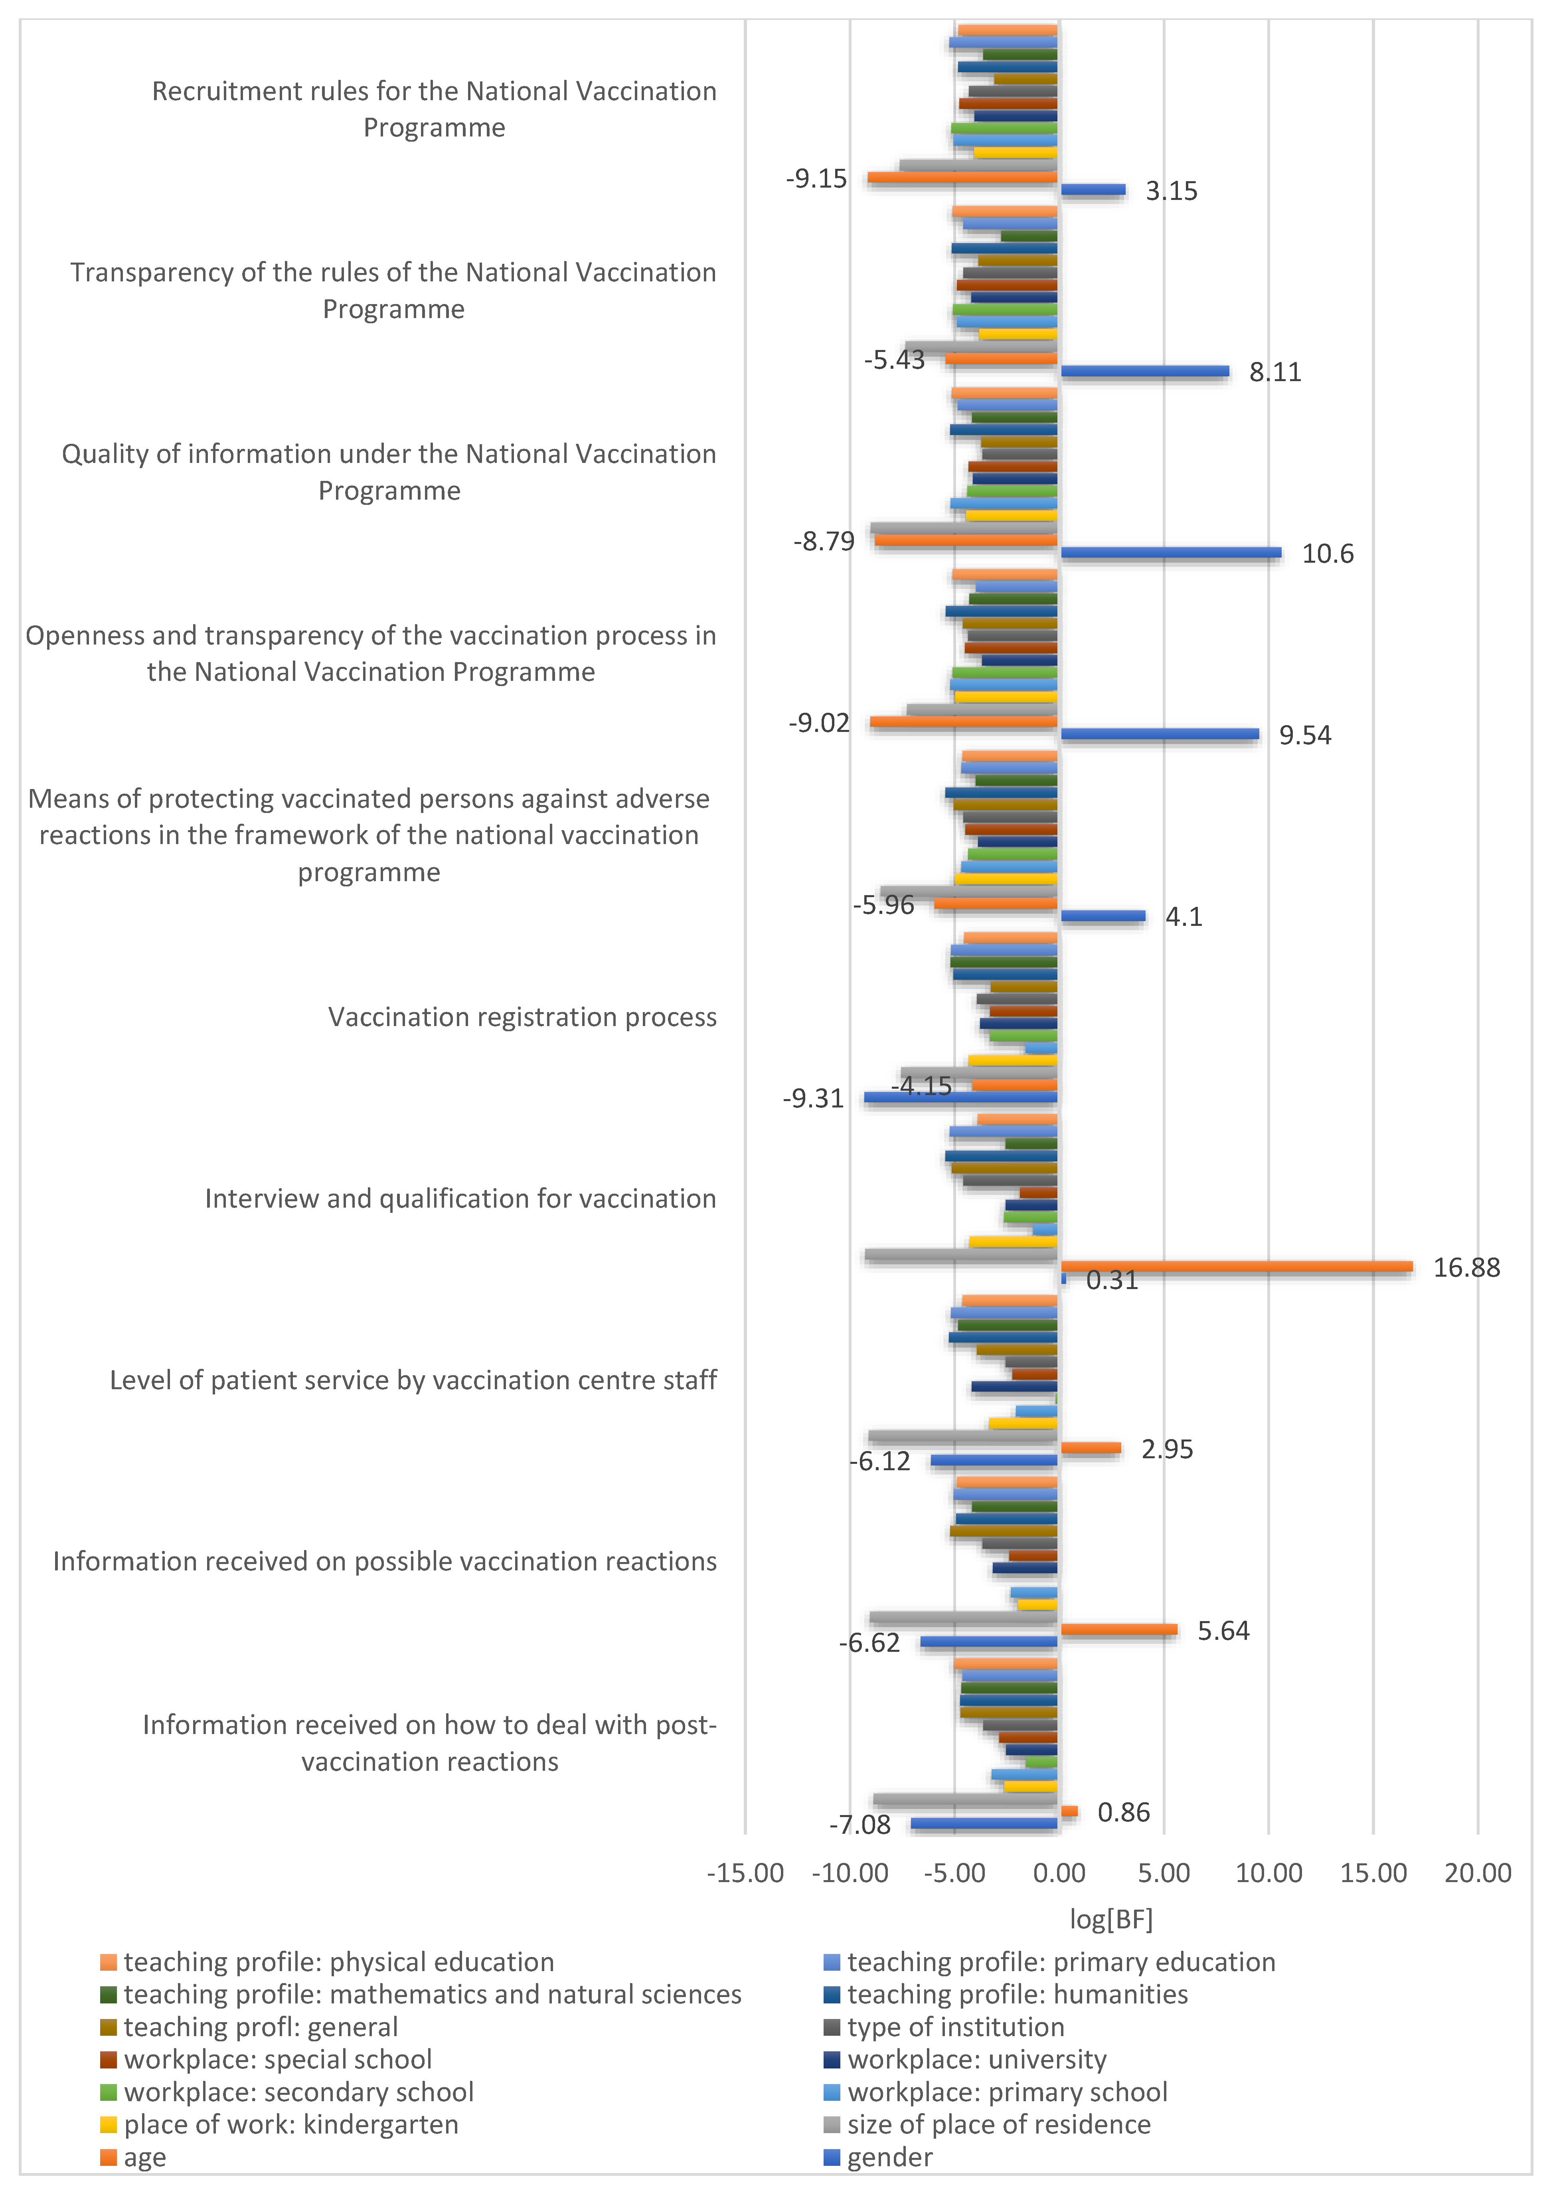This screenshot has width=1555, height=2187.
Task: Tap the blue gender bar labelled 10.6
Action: pyautogui.click(x=1170, y=552)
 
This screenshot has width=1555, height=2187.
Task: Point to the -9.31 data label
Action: pyautogui.click(x=813, y=1098)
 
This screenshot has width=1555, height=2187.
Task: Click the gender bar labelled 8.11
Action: pyautogui.click(x=1144, y=372)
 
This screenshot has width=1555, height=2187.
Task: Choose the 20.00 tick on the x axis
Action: pyautogui.click(x=1478, y=1873)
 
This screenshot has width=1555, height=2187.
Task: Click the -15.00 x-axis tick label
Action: pyautogui.click(x=745, y=1873)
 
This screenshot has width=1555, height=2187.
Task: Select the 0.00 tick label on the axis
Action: pyautogui.click(x=1059, y=1873)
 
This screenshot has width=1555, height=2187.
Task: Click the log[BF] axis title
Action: pyautogui.click(x=1111, y=1919)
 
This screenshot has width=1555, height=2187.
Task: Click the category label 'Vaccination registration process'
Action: pyautogui.click(x=522, y=1017)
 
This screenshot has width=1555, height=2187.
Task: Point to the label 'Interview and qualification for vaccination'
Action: pyautogui.click(x=460, y=1199)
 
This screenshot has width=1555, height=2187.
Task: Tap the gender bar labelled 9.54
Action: pyautogui.click(x=1160, y=734)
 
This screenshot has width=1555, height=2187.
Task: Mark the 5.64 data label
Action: pyautogui.click(x=1223, y=1631)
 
